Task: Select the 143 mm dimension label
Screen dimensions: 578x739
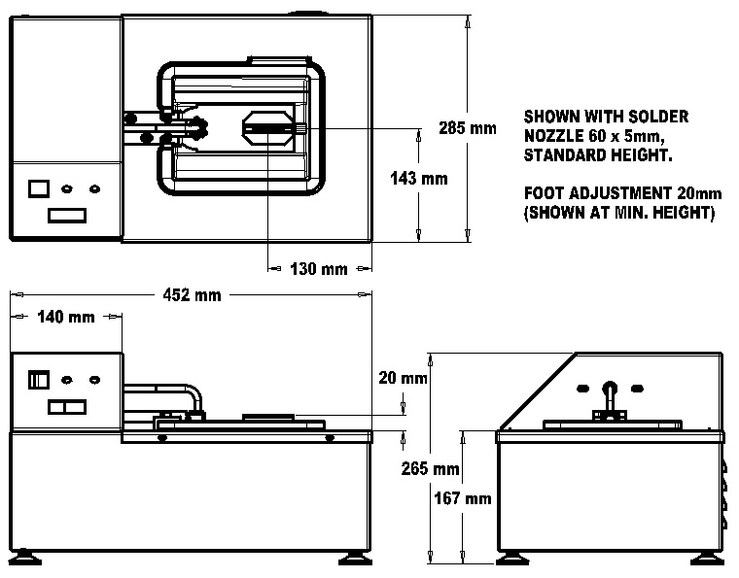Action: (x=418, y=179)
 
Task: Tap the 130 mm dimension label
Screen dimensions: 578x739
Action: (x=319, y=269)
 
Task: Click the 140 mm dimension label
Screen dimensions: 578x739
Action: (x=66, y=317)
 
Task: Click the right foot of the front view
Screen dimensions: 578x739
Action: (x=353, y=559)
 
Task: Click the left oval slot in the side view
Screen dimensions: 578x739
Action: (x=582, y=388)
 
